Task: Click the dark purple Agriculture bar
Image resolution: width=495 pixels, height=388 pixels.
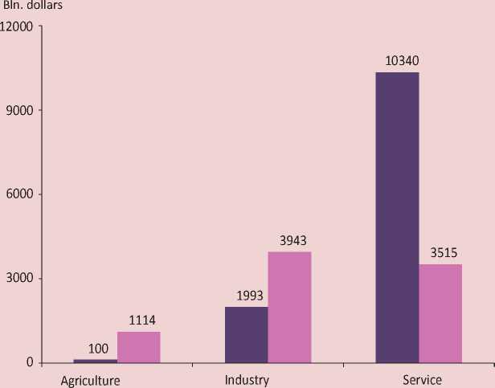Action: (95, 361)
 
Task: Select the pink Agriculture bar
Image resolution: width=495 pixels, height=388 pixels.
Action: (138, 347)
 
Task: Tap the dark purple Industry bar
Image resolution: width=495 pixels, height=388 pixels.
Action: (246, 334)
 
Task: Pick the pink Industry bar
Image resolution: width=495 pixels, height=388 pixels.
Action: (289, 307)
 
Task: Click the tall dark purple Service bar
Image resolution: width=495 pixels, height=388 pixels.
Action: (397, 217)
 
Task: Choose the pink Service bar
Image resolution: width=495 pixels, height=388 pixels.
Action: (440, 313)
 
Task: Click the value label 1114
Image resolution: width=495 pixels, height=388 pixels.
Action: (142, 321)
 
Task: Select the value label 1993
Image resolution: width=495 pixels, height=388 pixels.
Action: (249, 296)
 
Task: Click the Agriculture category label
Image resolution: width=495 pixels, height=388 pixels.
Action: (91, 379)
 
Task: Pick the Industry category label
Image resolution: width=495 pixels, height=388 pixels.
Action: (247, 379)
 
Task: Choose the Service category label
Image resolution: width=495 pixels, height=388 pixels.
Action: (422, 379)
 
